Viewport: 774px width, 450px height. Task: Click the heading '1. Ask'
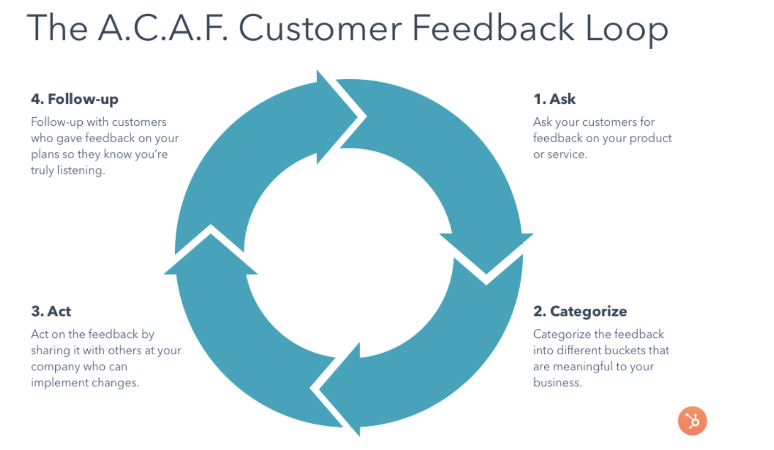click(554, 99)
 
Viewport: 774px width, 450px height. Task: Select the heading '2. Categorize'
click(580, 311)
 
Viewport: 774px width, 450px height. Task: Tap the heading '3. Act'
click(51, 311)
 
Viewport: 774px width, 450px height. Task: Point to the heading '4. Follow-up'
click(75, 99)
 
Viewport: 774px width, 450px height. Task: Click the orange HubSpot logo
click(692, 421)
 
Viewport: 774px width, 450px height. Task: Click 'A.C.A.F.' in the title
click(162, 28)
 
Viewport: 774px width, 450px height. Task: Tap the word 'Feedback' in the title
click(493, 28)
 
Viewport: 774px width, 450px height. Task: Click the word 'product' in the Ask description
click(650, 139)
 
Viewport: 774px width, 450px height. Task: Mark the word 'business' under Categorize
click(556, 382)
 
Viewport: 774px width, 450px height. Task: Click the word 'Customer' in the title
click(320, 28)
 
